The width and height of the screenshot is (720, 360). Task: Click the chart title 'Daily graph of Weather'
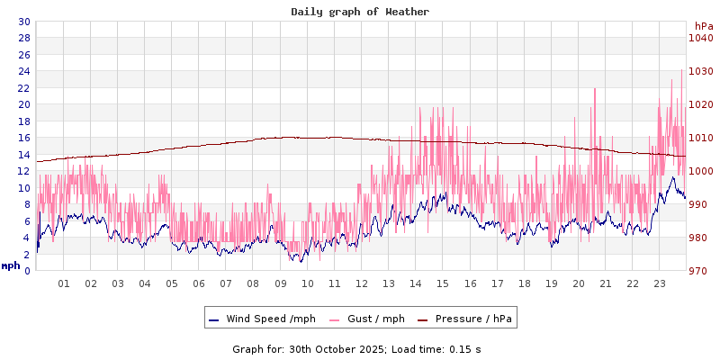360,12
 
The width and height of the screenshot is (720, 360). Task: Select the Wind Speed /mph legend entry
262,319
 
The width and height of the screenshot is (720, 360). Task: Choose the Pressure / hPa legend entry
466,319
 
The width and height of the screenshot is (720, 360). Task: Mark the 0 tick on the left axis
26,271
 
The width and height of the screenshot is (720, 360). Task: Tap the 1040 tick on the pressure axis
701,38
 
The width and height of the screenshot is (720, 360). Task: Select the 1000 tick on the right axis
701,171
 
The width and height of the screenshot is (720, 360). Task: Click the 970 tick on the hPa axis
701,271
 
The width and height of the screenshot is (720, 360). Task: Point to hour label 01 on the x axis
64,283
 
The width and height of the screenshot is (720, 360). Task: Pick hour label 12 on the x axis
362,283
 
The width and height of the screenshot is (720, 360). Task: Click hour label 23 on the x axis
660,283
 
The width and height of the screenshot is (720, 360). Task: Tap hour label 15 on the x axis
443,283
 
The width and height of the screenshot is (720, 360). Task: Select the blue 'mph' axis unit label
10,265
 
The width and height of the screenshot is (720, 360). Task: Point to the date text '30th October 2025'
336,348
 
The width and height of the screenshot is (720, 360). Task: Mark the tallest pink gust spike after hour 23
681,70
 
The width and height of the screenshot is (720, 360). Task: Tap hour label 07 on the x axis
226,283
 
